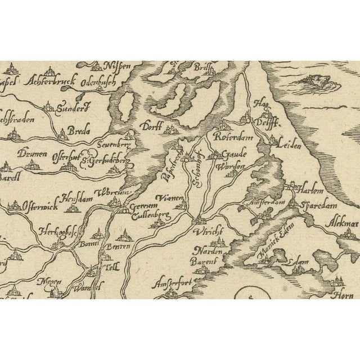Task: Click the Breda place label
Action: point(75,131)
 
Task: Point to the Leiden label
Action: point(289,145)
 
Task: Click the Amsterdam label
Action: point(264,201)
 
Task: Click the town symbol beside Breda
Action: point(63,134)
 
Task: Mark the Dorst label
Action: point(152,126)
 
